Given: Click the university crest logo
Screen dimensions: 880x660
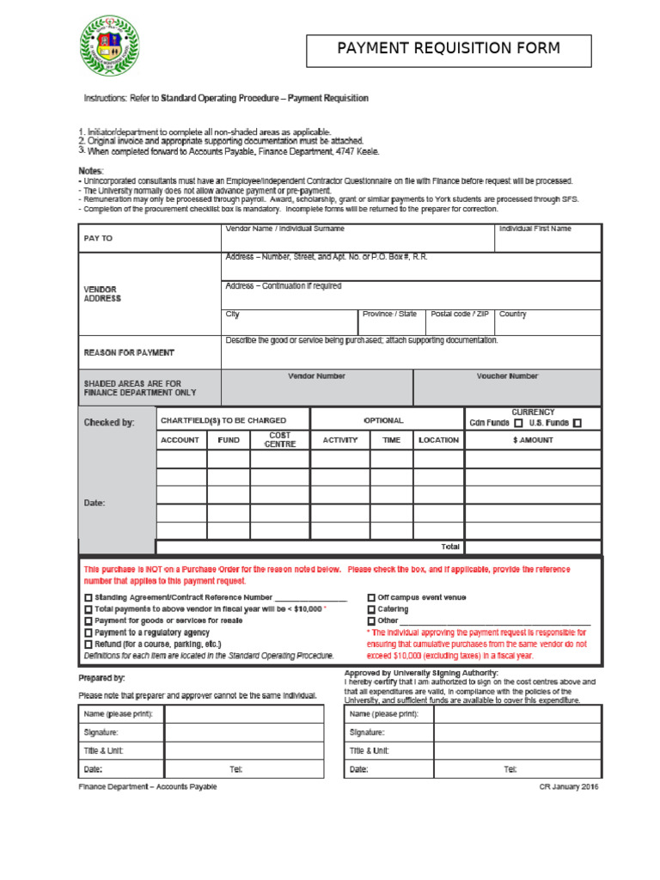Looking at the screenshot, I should coord(107,47).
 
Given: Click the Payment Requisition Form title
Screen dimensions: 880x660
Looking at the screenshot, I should coord(449,49).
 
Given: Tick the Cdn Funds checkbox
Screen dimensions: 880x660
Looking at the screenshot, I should coord(518,423).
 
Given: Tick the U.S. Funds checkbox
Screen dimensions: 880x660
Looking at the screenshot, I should coord(577,423).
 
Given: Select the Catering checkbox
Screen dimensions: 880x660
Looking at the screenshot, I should coord(371,609).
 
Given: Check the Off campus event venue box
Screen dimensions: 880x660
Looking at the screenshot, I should coord(371,597).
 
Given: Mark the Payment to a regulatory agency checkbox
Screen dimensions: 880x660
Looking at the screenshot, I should coord(88,632).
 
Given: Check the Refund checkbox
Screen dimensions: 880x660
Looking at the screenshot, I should coord(88,644).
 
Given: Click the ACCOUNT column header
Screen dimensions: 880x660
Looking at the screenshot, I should coord(180,440).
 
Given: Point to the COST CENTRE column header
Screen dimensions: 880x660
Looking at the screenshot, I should coord(279,440).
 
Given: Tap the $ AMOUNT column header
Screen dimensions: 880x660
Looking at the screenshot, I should coord(532,440).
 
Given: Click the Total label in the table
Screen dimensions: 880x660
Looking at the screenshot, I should coord(450,547).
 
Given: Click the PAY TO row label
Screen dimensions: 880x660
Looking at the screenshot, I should coord(98,238).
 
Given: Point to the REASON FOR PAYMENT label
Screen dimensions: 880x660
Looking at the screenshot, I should coord(129,352).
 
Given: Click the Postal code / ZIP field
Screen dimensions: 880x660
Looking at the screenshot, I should coord(459,322).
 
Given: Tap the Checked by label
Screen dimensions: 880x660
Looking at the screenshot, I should coord(109,422).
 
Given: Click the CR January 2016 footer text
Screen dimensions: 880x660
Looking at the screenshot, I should coord(568,786).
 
